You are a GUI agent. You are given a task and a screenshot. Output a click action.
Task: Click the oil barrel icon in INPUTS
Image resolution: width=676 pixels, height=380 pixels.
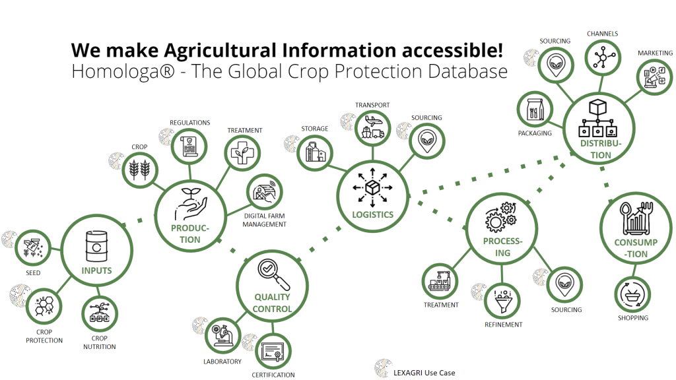(96, 247)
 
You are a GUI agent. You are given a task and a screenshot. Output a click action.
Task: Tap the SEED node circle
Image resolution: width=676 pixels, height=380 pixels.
(33, 248)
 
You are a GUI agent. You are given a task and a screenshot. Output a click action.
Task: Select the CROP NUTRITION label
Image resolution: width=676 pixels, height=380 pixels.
(100, 342)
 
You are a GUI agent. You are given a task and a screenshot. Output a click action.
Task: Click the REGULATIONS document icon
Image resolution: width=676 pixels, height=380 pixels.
(189, 147)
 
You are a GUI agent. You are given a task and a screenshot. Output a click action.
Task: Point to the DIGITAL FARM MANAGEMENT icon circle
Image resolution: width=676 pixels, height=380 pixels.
(264, 192)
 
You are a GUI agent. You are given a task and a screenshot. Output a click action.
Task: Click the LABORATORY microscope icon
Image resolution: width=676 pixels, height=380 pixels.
(222, 334)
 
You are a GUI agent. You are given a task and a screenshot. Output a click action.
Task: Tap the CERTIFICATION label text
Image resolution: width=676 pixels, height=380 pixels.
(273, 375)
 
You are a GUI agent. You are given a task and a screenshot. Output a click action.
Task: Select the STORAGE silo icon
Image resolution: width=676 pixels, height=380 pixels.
(315, 153)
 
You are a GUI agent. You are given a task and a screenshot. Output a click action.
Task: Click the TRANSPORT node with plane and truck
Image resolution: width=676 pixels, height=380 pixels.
(372, 127)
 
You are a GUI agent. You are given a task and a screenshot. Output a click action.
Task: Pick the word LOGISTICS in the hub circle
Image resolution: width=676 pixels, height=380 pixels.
(373, 214)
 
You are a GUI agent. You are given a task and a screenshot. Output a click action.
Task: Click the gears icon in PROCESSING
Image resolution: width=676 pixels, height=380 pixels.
(501, 216)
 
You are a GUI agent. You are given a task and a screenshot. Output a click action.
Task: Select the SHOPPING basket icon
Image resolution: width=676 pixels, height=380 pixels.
(632, 295)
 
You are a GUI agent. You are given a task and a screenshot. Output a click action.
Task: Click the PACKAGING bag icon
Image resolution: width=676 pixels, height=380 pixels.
(535, 110)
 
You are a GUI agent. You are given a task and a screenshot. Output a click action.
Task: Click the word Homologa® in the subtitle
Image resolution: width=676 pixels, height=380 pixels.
(123, 71)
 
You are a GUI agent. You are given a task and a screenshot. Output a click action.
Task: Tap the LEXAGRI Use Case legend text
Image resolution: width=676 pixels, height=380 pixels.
(424, 373)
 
